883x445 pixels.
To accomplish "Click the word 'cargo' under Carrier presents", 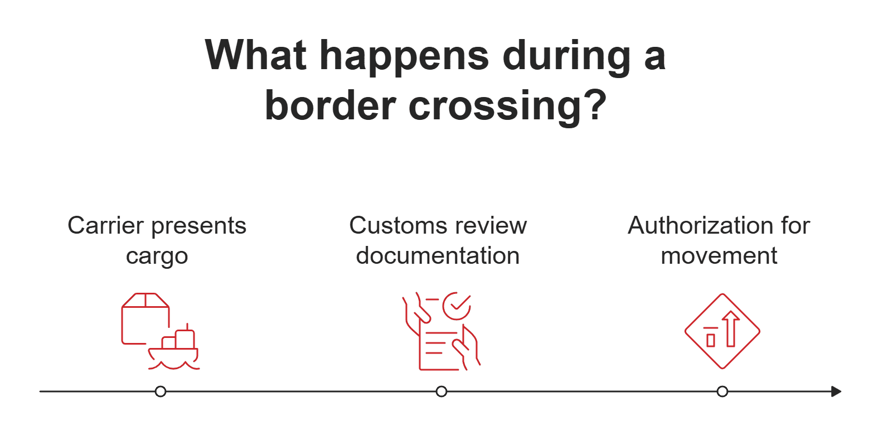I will (157, 257).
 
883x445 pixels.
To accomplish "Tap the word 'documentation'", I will (438, 256).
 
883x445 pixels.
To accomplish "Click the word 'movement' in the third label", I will (719, 256).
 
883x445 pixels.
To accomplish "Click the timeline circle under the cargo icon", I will (161, 391).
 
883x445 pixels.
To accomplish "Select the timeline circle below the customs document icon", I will (441, 391).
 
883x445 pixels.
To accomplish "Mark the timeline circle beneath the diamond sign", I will (722, 391).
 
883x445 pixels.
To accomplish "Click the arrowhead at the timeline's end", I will (836, 391).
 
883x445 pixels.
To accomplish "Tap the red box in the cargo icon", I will (144, 318).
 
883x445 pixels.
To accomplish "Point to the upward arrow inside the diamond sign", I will (731, 329).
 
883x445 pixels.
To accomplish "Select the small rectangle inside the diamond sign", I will (711, 340).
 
